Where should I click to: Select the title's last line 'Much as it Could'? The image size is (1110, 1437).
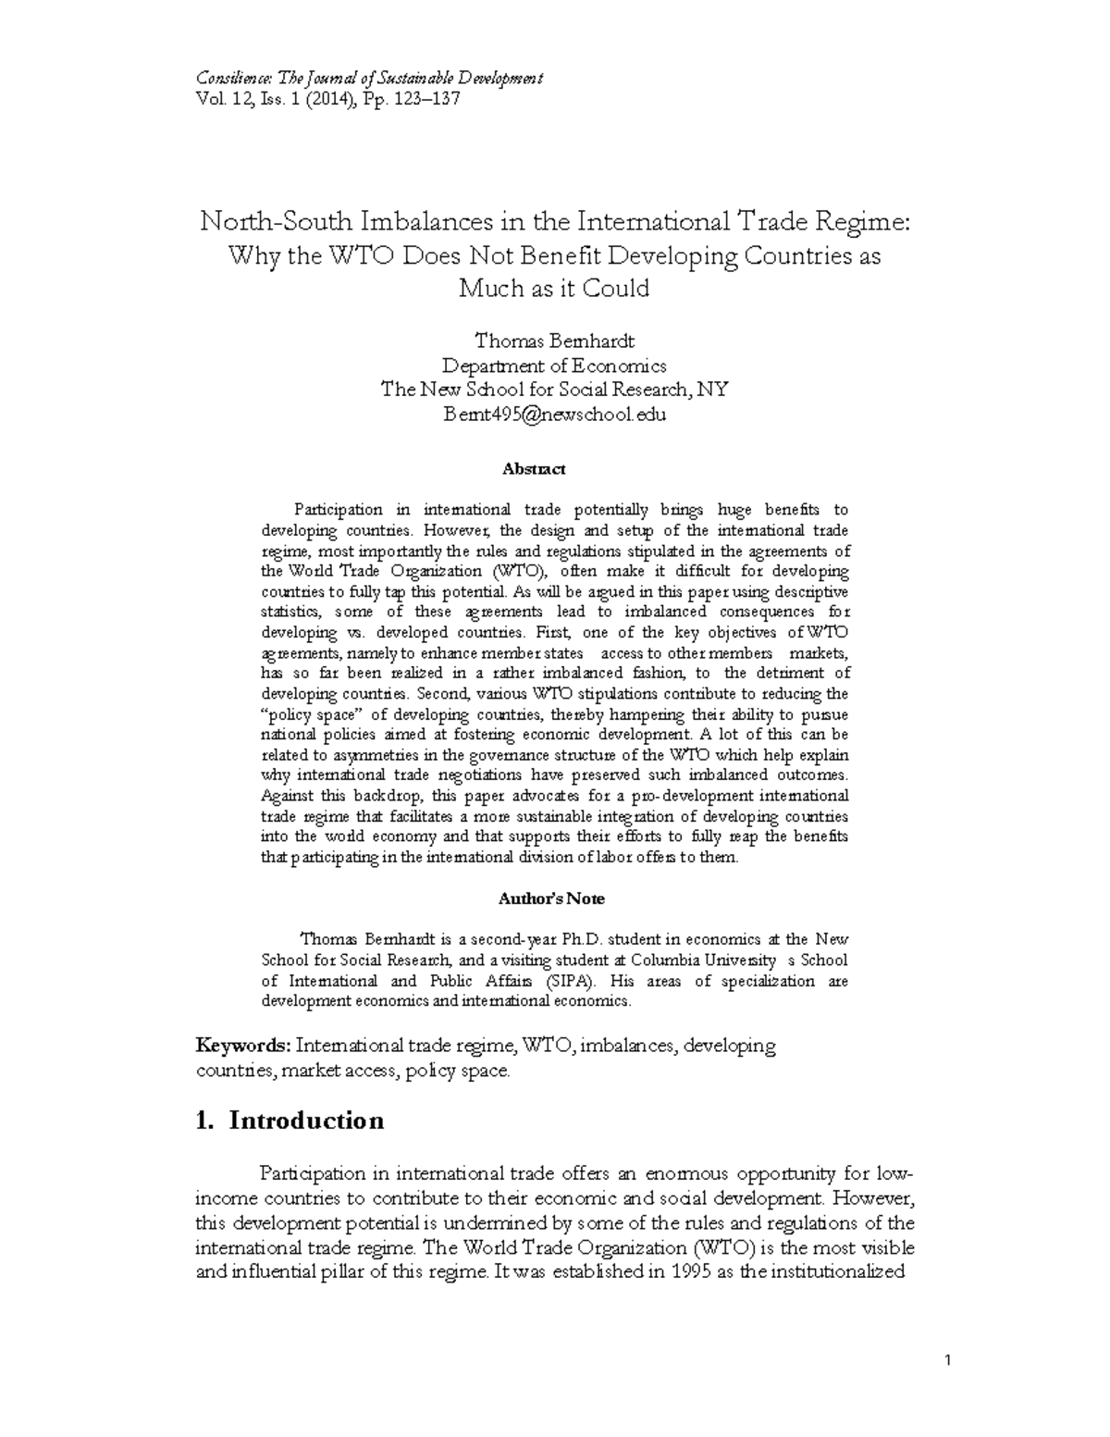554,288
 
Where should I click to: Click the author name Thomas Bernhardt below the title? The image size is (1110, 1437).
554,341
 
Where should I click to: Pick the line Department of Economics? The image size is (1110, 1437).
554,365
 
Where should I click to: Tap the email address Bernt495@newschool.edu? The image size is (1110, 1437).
554,414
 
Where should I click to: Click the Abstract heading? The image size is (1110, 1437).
533,469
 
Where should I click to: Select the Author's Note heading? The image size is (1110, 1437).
551,898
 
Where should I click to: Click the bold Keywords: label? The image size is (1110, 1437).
244,1046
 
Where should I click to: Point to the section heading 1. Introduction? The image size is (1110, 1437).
290,1121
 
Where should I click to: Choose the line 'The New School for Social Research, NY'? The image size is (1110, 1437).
554,390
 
